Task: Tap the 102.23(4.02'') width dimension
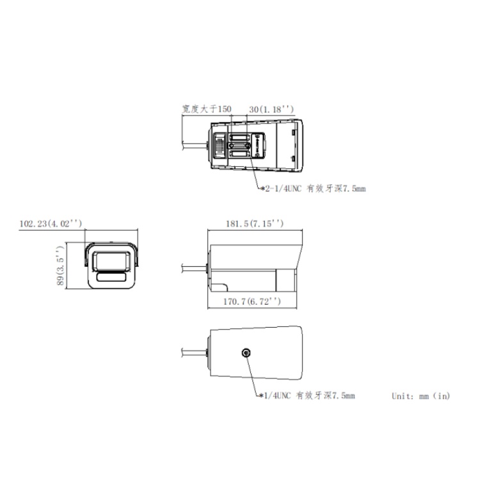pos(51,223)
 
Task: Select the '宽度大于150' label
pos(205,110)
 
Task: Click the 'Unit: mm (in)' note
pos(420,396)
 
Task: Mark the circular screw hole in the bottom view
pos(246,353)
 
